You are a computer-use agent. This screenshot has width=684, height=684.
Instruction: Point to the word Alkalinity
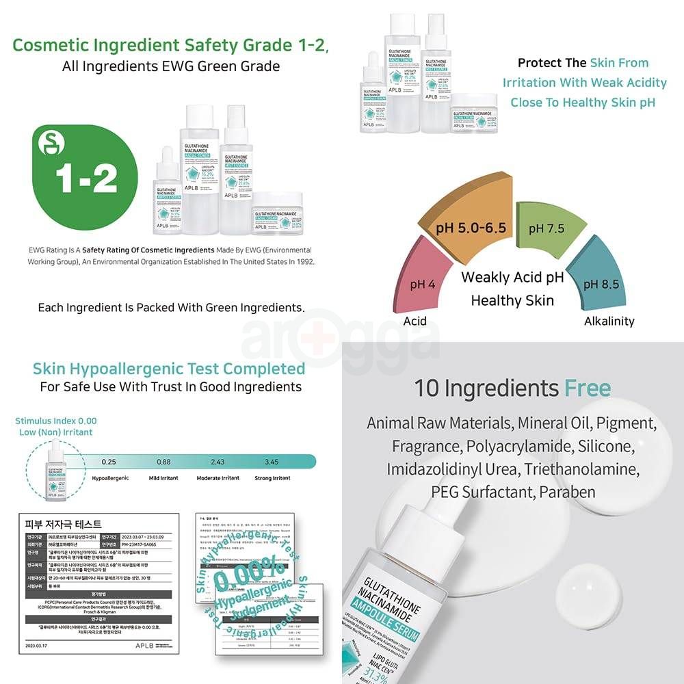[x=609, y=321]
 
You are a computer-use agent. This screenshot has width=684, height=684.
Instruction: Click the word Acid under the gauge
[x=415, y=321]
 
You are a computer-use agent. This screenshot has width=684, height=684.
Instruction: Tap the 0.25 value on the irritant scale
[x=109, y=462]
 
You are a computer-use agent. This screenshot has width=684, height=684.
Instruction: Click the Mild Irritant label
[x=165, y=478]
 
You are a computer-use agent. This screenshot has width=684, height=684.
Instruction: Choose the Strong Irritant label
[x=272, y=478]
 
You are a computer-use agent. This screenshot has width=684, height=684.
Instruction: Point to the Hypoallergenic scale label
[x=110, y=478]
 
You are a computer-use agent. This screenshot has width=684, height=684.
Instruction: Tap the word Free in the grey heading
[x=587, y=389]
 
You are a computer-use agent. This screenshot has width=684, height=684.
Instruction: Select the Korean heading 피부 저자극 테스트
[x=64, y=525]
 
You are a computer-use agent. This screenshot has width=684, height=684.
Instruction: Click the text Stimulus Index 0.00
[x=56, y=421]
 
